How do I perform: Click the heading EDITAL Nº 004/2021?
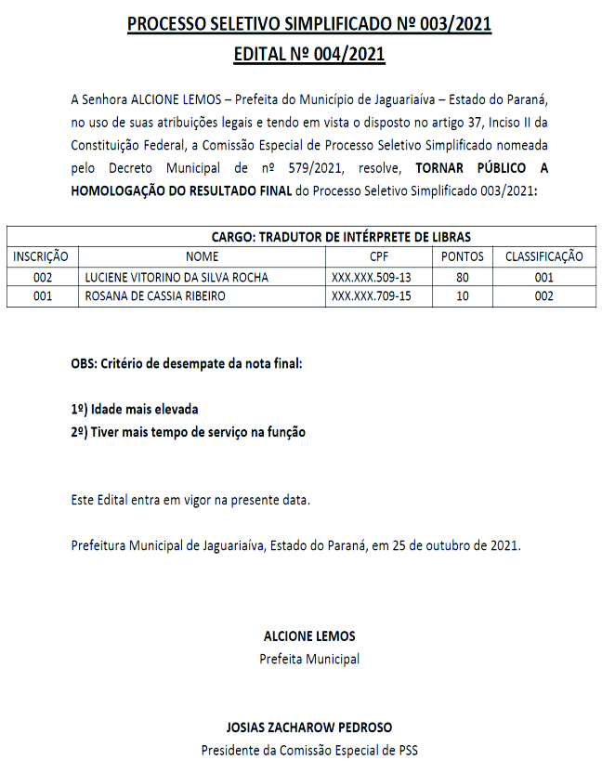coord(309,55)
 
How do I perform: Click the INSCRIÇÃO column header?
coord(43,256)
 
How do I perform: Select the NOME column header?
coord(203,256)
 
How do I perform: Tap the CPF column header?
coord(379,256)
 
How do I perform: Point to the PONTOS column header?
coord(462,256)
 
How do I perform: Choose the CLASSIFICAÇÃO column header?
coord(543,256)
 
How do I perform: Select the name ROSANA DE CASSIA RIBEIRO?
coord(154,296)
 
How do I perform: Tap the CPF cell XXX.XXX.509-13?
coord(371,277)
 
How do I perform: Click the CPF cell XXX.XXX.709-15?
coord(371,296)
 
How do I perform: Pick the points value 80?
coord(462,277)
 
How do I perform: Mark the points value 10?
coord(462,296)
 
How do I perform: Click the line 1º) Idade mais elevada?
coord(135,409)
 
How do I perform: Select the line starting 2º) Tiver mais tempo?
coord(188,432)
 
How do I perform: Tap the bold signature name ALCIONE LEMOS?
coord(309,636)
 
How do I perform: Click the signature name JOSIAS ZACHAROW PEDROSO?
coord(309,727)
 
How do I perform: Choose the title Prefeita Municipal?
coord(309,660)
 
